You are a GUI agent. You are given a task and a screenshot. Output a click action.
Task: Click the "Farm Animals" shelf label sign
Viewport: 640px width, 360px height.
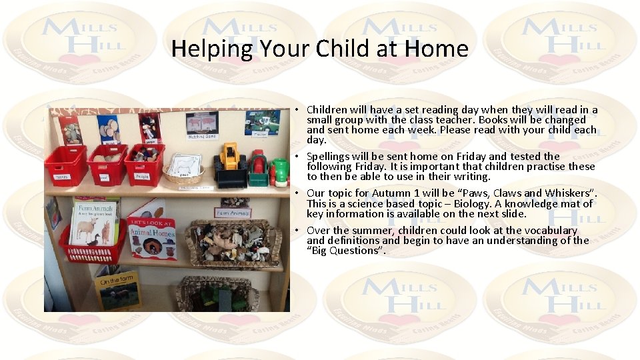[232, 213]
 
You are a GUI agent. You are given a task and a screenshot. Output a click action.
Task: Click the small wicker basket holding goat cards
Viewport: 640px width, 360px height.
[183, 170]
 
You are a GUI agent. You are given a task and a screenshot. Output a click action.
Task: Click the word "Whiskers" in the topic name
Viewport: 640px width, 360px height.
[570, 193]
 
